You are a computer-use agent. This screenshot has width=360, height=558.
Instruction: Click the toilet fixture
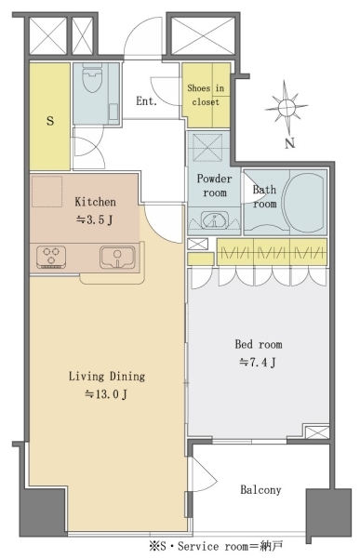coord(92,78)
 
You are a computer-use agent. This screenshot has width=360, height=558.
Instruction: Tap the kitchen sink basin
coord(117,257)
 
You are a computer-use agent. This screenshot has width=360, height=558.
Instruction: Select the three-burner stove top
coord(51,257)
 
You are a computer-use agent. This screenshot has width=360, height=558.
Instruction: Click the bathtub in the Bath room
coord(305,202)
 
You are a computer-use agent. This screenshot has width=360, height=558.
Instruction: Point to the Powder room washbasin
coord(214,220)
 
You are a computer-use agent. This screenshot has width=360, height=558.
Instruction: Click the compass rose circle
coord(287,107)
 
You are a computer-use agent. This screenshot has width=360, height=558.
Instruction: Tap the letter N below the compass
coord(290,143)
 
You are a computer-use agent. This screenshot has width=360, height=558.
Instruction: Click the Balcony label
coord(260,490)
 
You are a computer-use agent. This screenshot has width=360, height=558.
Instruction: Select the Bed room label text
coord(259,344)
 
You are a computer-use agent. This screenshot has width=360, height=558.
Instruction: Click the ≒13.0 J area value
coord(106,394)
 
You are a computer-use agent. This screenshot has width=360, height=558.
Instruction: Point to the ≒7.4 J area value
coord(258,363)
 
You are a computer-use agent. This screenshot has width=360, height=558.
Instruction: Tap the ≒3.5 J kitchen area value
coord(94,219)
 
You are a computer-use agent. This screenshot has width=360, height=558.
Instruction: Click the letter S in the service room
coord(50,121)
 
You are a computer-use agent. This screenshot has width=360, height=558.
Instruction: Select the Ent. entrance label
coord(146,101)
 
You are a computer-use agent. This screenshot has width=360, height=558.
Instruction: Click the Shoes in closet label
coord(206,95)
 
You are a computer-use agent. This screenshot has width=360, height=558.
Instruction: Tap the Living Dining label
coord(107,376)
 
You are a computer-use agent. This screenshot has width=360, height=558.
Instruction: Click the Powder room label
coord(214,185)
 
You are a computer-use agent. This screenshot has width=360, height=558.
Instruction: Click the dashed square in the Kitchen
coord(47,191)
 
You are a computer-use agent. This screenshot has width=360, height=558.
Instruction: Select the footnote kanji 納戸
coord(272,546)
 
